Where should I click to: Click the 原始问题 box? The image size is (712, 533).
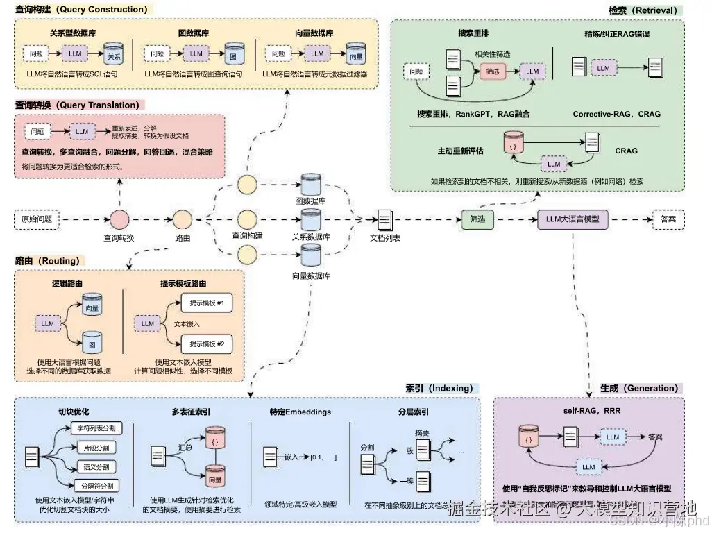coord(37,220)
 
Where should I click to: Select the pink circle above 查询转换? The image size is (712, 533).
coord(119,220)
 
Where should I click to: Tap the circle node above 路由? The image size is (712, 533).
coord(183,220)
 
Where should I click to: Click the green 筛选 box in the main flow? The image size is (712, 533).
coord(477,219)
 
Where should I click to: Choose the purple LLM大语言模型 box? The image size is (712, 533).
coord(573,219)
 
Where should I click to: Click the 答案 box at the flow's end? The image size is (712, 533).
coord(668,219)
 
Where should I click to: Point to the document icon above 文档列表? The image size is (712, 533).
coord(385,220)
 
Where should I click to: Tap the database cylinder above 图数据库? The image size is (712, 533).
coord(310,185)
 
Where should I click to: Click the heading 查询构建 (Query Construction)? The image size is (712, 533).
coord(81,10)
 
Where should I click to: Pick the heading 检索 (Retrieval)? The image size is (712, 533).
coord(642,10)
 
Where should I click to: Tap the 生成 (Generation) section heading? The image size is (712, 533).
coord(639,388)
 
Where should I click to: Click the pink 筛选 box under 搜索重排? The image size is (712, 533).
coord(492,71)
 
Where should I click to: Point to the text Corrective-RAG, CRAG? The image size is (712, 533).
coord(616,114)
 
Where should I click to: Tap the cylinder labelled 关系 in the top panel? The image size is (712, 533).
coord(113,53)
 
